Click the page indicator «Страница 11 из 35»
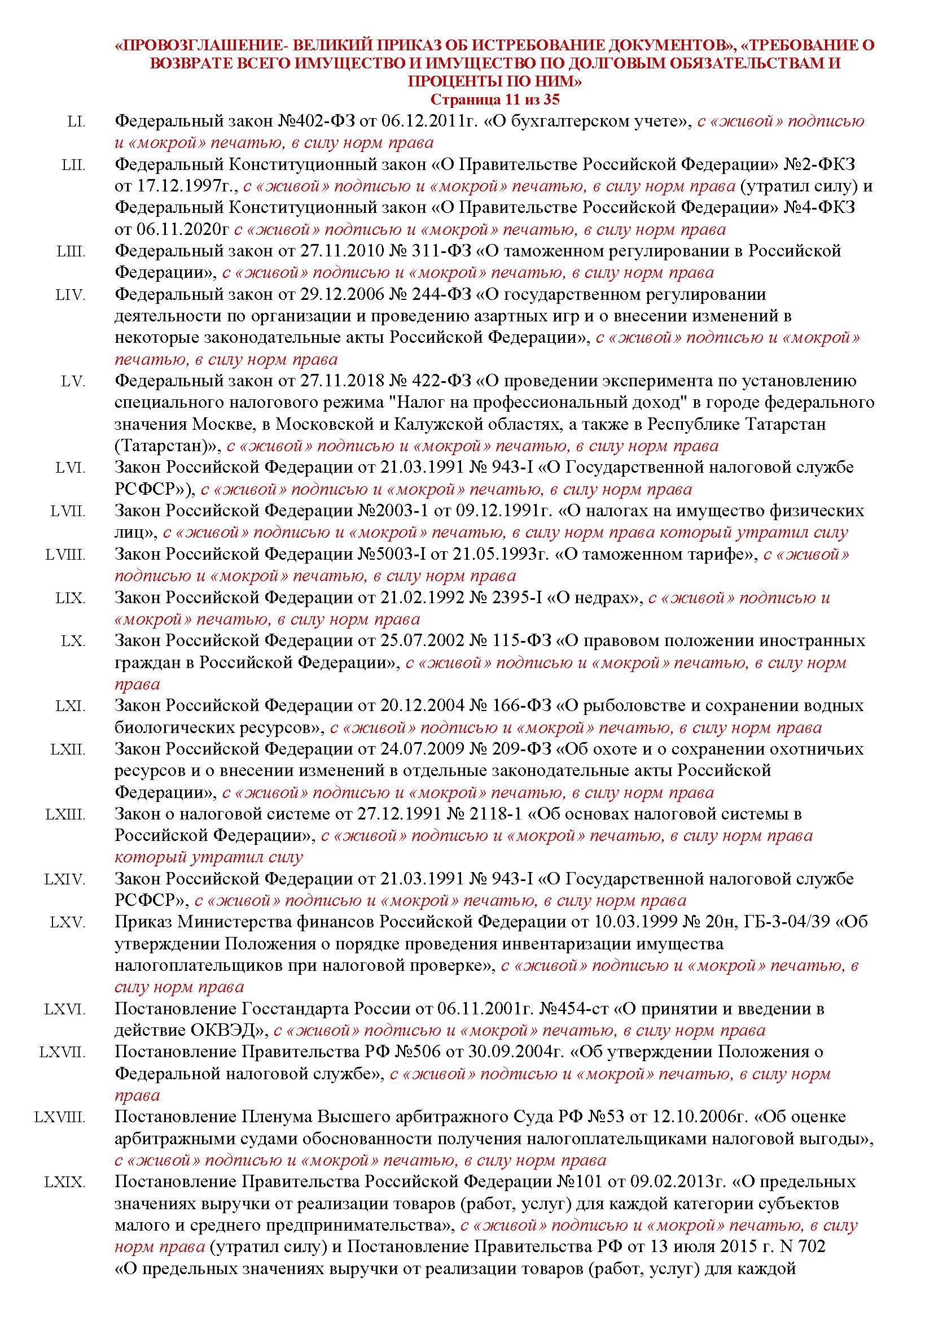coord(494,99)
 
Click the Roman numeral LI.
coord(76,122)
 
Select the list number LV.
coord(73,382)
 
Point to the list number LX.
coord(73,641)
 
